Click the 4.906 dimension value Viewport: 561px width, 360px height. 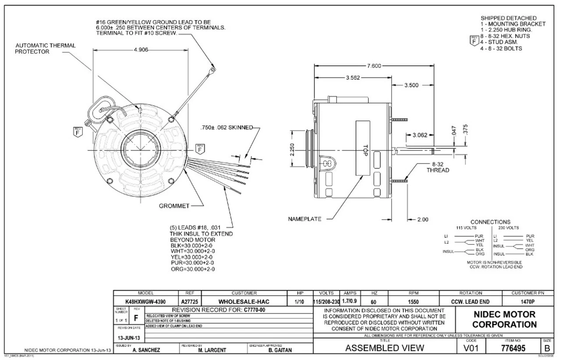pos(141,50)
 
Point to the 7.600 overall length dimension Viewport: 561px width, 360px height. pos(375,66)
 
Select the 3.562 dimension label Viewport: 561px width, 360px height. pos(353,78)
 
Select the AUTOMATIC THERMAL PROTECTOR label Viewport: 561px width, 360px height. pos(39,48)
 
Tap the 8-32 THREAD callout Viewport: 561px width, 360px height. pos(437,167)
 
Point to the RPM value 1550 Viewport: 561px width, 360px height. pos(413,302)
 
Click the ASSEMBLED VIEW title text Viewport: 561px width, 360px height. pos(385,349)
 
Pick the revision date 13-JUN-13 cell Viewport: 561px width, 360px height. pos(129,338)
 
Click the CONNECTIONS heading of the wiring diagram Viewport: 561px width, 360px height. pos(490,222)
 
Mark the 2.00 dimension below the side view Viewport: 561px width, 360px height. pos(423,220)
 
